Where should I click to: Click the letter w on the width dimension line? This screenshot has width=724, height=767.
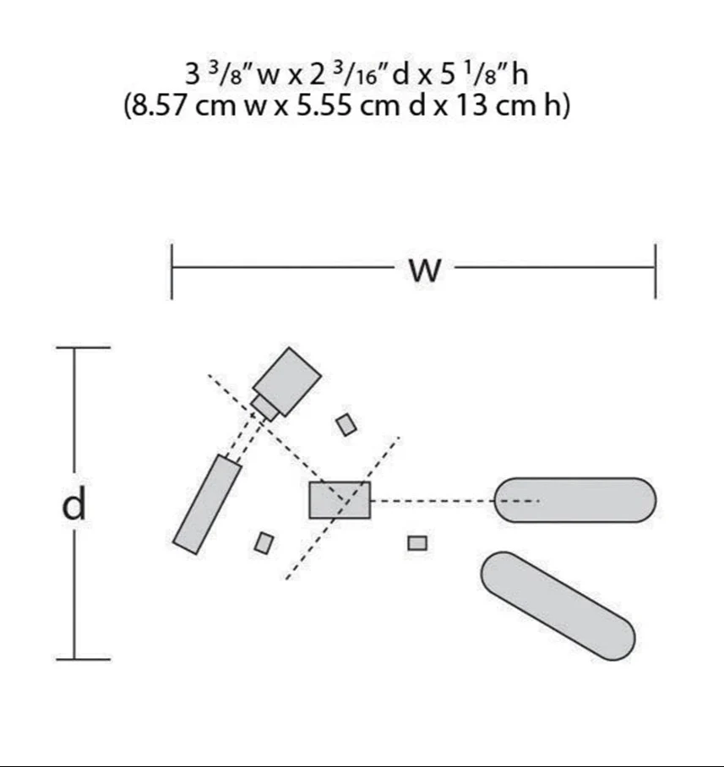point(425,270)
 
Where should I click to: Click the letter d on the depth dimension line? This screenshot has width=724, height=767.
point(73,503)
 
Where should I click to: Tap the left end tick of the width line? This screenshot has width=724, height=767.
point(171,271)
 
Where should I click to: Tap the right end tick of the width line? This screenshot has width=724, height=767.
point(656,269)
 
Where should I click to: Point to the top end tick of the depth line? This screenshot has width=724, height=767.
point(83,348)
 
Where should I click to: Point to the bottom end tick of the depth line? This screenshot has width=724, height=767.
point(83,660)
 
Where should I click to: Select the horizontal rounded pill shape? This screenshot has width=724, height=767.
point(574,500)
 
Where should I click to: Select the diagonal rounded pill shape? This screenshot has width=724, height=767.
point(558,606)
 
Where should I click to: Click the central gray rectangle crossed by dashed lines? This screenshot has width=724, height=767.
point(340,500)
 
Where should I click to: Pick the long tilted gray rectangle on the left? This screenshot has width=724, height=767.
point(208,505)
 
